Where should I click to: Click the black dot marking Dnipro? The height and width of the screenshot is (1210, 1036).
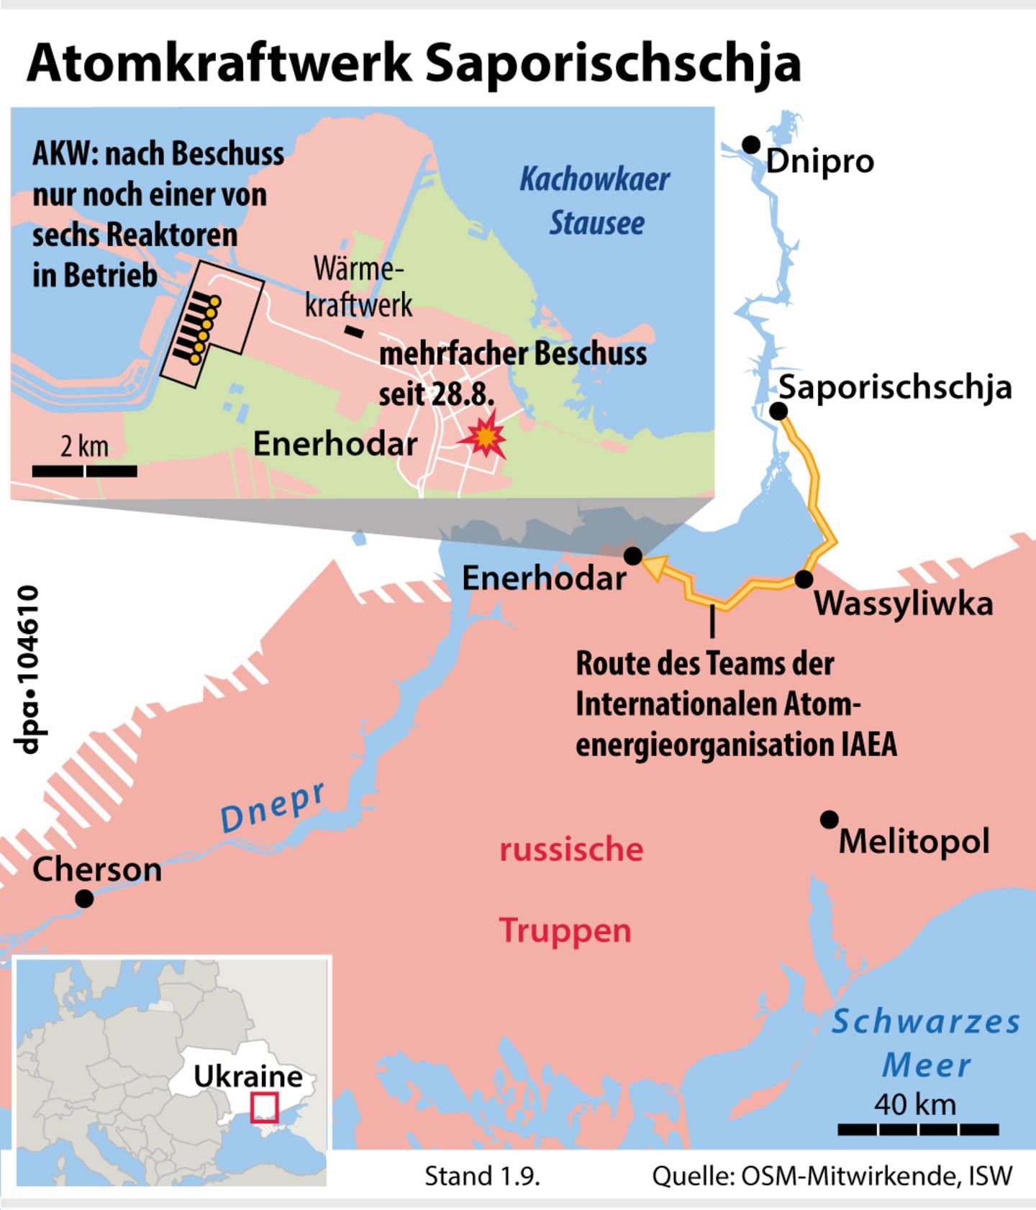751,144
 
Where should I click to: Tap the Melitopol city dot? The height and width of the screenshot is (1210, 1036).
830,819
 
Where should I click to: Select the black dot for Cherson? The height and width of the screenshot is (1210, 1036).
84,899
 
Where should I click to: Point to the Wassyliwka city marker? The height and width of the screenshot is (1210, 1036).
804,578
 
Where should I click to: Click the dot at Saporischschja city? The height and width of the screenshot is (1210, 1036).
778,411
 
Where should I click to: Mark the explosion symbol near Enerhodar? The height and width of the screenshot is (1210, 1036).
486,435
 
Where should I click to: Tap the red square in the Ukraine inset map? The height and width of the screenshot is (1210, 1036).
264,1108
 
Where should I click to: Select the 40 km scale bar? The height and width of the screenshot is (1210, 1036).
918,1129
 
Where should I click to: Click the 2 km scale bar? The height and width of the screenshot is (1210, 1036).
85,471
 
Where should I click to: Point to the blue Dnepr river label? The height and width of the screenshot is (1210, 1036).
273,807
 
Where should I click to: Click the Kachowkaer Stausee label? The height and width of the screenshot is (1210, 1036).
595,201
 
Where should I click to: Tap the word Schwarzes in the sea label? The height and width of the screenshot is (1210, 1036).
926,1022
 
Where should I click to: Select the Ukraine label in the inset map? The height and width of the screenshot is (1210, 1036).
248,1076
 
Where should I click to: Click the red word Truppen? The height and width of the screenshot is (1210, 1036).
565,930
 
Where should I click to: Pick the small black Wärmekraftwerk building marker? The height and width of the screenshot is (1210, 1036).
353,331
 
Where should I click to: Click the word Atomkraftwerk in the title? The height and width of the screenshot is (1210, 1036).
219,63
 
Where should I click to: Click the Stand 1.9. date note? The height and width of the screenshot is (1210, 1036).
482,1176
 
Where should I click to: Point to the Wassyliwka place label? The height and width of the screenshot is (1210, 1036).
904,603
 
